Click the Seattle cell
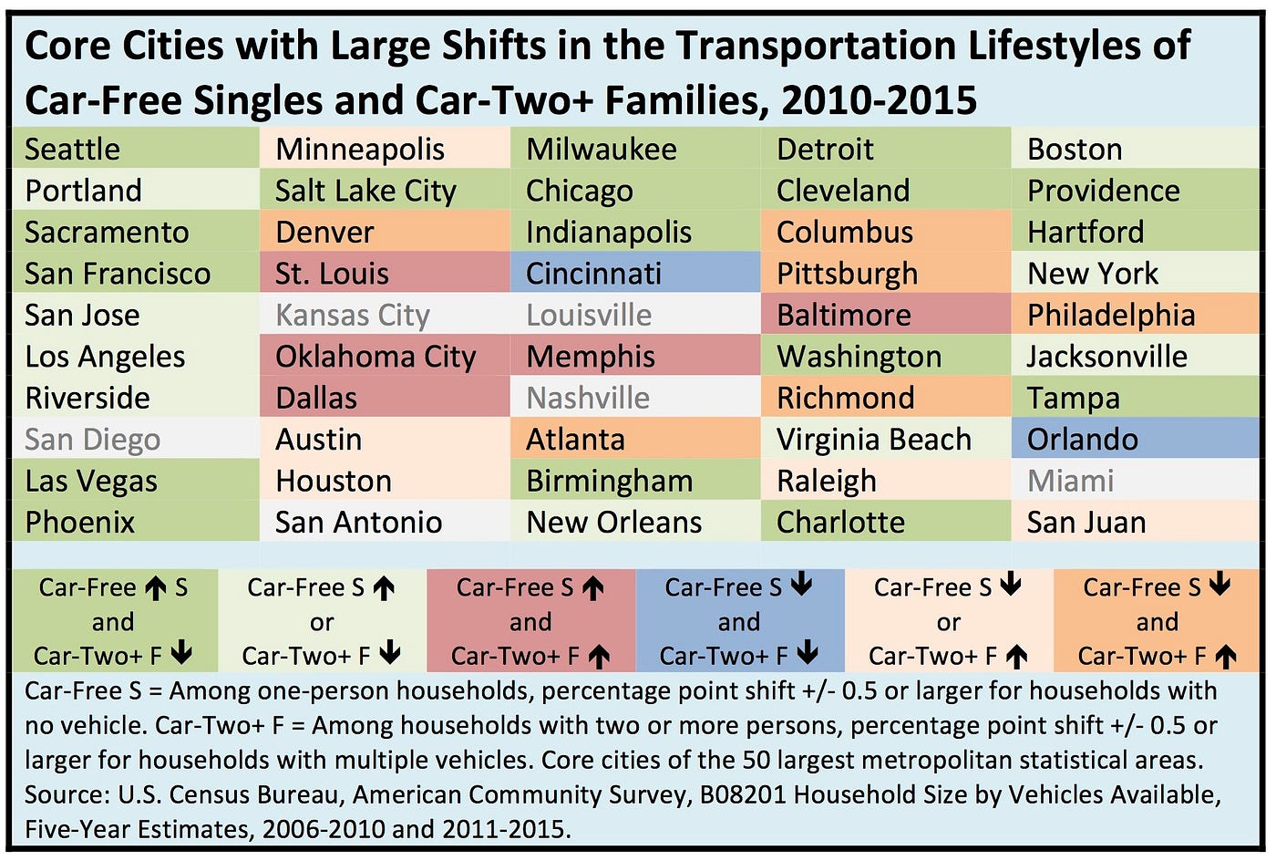(x=73, y=150)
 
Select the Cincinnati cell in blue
(x=594, y=274)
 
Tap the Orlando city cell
(x=1083, y=440)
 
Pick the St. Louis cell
(x=333, y=274)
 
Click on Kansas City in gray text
(x=353, y=316)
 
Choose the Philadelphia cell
(x=1111, y=316)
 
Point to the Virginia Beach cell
(x=874, y=440)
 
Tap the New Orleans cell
(x=614, y=523)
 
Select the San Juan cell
(x=1086, y=523)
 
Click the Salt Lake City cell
(x=365, y=191)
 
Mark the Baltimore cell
(x=844, y=316)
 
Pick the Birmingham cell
(x=610, y=481)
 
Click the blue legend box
(x=739, y=621)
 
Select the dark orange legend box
(x=1157, y=621)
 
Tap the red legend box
(x=530, y=621)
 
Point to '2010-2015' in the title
(x=880, y=100)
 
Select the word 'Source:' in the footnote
(x=67, y=795)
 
